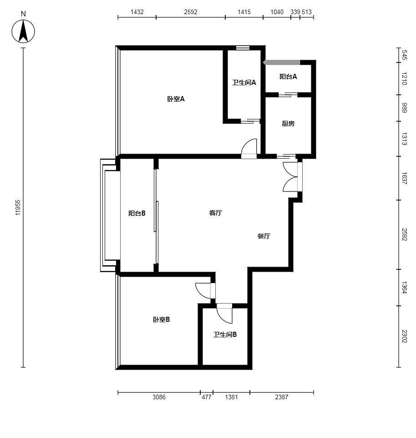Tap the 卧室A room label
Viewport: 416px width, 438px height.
pos(176,99)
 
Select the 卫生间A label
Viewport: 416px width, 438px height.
pos(244,82)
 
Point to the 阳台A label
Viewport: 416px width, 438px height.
pos(288,77)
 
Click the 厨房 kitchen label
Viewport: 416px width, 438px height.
pos(288,124)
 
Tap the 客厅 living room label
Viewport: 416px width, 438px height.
pos(216,213)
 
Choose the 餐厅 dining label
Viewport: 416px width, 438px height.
pos(264,236)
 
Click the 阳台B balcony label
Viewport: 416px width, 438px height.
pos(137,213)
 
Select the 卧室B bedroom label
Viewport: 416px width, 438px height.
pos(161,319)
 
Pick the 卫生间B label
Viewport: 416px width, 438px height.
pos(225,335)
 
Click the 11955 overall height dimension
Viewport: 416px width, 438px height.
pos(18,207)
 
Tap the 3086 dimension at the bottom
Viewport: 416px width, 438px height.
pos(159,397)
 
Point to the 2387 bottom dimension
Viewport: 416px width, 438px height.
pos(282,397)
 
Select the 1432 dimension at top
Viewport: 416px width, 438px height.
pos(137,12)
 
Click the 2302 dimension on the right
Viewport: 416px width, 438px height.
pos(404,336)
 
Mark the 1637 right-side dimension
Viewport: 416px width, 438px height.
pos(404,178)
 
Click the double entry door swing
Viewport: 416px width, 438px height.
pos(290,177)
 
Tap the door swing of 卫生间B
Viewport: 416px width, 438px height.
pos(224,314)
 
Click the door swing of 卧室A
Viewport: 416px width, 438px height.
pos(249,146)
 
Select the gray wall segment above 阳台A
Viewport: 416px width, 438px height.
pos(282,62)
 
